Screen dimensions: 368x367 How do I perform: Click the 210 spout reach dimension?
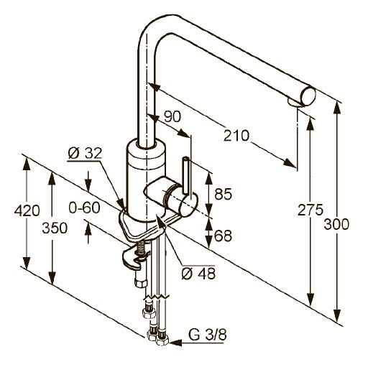pyautogui.click(x=236, y=136)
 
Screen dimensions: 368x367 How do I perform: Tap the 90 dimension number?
pyautogui.click(x=172, y=117)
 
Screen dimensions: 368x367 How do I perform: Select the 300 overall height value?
pyautogui.click(x=336, y=225)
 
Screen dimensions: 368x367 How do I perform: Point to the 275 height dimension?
pyautogui.click(x=310, y=210)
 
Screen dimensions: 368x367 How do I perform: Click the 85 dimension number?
pyautogui.click(x=223, y=194)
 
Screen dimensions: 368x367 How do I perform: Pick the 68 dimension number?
pyautogui.click(x=223, y=236)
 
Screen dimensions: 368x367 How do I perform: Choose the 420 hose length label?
pyautogui.click(x=27, y=210)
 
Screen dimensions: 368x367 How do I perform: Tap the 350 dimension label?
pyautogui.click(x=55, y=228)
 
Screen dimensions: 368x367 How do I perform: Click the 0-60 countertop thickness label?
pyautogui.click(x=84, y=208)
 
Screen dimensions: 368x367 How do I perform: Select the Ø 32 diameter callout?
pyautogui.click(x=85, y=153)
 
